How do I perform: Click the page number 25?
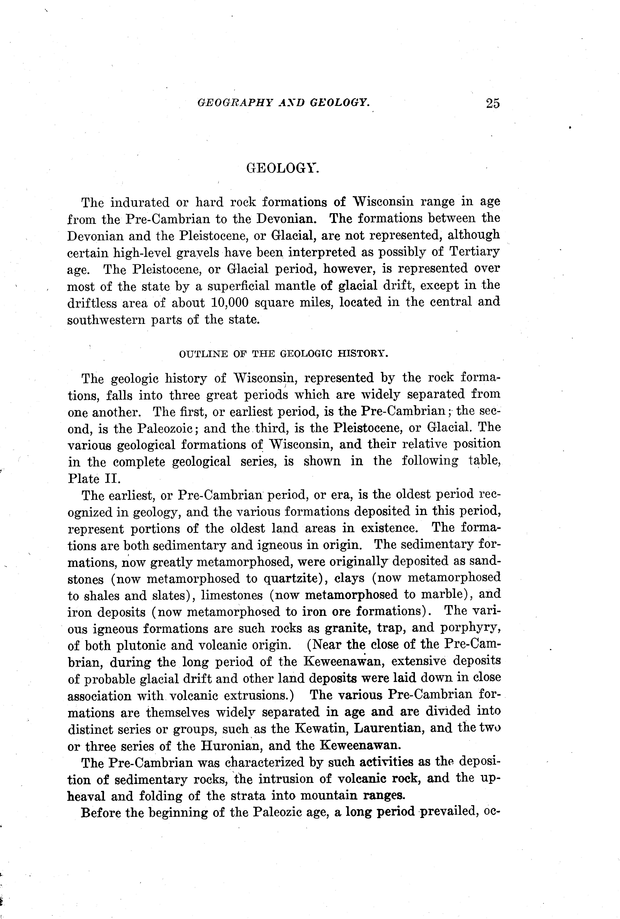[493, 103]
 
